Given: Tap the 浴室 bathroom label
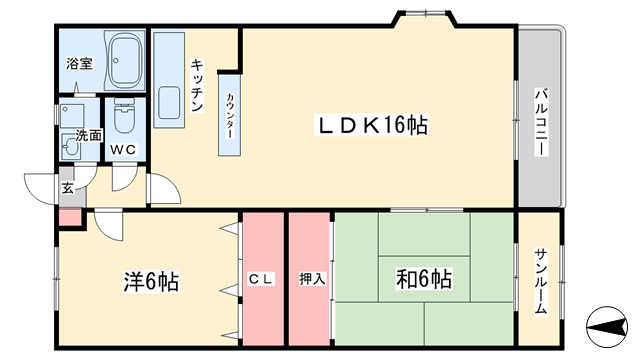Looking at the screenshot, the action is coord(79,63).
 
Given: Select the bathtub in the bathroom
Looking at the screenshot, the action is coord(126,60).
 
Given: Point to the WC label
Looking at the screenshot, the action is coord(123,149).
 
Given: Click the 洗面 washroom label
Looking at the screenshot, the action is coord(88,136).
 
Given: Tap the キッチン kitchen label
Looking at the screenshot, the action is coord(197,86).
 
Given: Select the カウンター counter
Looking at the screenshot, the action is coord(229,115).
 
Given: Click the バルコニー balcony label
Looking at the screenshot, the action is coord(542,122).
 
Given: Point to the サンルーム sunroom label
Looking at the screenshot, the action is coord(541,282).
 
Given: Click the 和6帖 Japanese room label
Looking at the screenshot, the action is coord(424,279).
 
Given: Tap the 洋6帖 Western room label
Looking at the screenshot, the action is coord(151,281).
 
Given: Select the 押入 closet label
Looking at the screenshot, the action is coord(312,279).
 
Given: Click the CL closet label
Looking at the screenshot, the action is coord(261,279).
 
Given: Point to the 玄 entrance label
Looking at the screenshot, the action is coord(68,188).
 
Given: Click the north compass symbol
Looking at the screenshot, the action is coord(607,327).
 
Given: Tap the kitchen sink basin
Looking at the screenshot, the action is coord(169,102).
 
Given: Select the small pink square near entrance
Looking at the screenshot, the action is coord(70,217).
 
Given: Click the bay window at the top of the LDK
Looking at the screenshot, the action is coord(425,18).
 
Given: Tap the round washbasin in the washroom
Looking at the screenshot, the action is coord(71,146).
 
